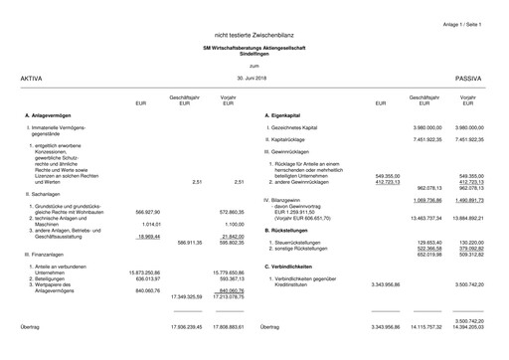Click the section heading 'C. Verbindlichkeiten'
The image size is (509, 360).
tap(295, 267)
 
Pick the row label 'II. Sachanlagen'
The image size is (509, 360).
tap(43, 195)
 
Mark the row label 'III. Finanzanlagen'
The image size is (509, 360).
tap(46, 255)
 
